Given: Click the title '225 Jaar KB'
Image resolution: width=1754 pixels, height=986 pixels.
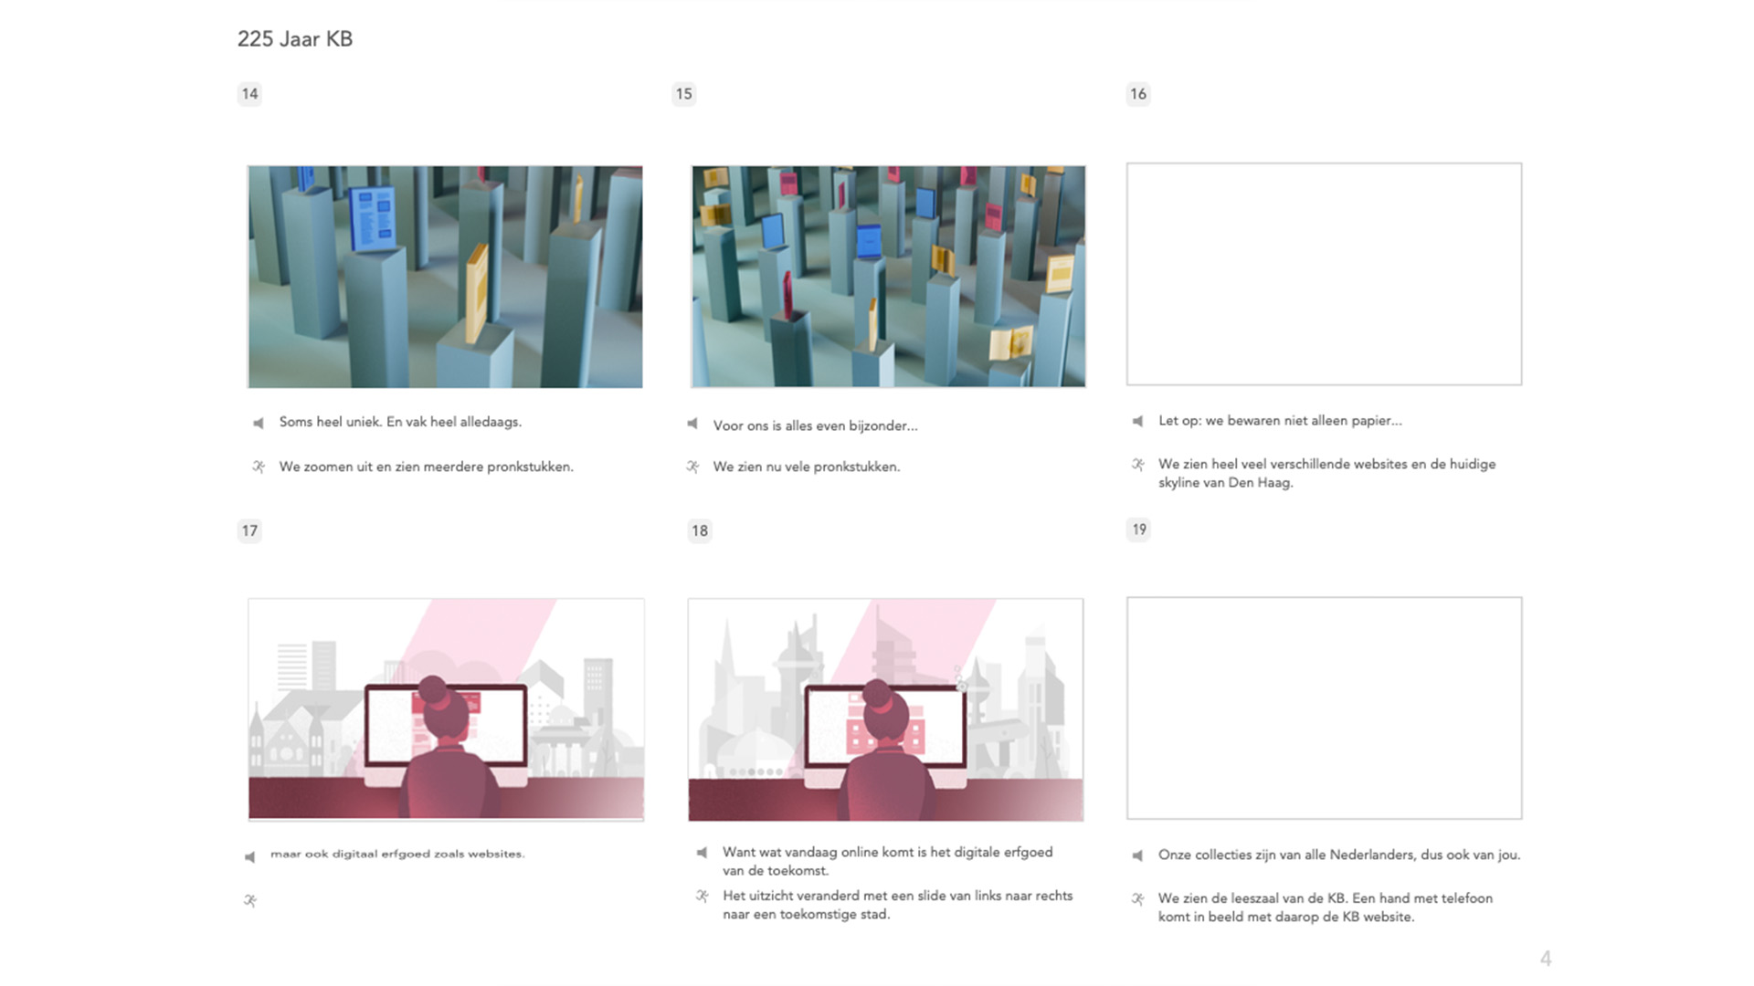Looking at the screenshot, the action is pyautogui.click(x=294, y=39).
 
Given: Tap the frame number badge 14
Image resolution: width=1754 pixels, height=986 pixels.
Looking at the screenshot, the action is pyautogui.click(x=249, y=94).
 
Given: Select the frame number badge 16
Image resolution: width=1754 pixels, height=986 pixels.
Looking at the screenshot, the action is pyautogui.click(x=1137, y=94).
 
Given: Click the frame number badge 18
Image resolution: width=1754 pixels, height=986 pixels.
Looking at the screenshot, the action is pyautogui.click(x=699, y=530).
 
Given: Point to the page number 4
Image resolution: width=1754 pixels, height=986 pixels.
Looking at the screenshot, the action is pyautogui.click(x=1546, y=959).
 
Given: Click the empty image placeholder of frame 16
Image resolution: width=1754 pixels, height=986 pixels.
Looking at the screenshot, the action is pyautogui.click(x=1324, y=274).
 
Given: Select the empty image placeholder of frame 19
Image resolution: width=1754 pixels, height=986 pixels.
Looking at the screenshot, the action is pyautogui.click(x=1324, y=708).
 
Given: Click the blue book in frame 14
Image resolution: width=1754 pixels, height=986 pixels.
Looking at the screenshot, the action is pyautogui.click(x=373, y=217).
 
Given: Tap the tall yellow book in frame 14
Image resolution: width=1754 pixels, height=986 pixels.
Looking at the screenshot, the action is pyautogui.click(x=477, y=293).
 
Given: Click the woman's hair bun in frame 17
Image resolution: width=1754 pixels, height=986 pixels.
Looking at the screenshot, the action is pyautogui.click(x=432, y=689).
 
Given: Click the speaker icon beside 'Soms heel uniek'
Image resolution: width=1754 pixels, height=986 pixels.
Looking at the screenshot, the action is pyautogui.click(x=259, y=423).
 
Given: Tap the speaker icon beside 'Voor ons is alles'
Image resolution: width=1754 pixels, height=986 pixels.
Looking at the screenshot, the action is pyautogui.click(x=692, y=424).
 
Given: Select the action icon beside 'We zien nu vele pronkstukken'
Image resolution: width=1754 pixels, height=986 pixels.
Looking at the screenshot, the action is pyautogui.click(x=692, y=467).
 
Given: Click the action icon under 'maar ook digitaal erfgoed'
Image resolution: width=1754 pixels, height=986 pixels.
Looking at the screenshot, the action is pyautogui.click(x=250, y=900).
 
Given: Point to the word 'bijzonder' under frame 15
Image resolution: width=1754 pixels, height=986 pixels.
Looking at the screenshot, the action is pyautogui.click(x=883, y=425).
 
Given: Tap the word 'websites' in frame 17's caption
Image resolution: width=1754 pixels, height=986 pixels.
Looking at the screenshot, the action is pyautogui.click(x=496, y=855).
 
